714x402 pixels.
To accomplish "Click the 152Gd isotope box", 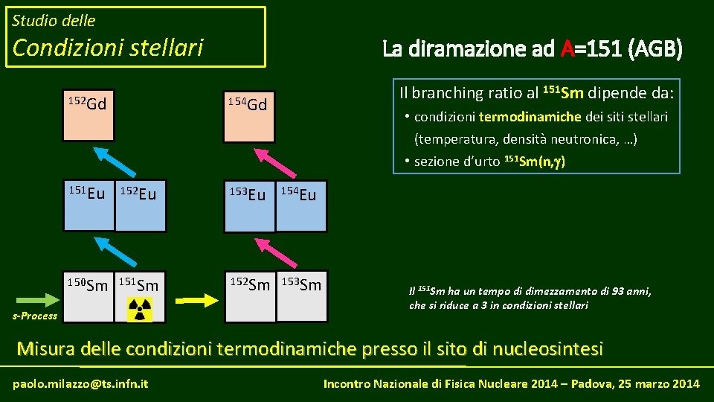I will (88, 115).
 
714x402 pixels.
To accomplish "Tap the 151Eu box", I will (88, 205).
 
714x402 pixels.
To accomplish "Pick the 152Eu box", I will (140, 205).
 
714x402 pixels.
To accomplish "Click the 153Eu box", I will (249, 205).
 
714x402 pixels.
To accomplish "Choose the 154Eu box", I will (301, 205).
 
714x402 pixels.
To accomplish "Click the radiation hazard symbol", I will (140, 308).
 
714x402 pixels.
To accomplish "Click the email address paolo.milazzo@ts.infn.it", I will (80, 383).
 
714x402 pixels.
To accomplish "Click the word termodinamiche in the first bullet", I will (520, 117).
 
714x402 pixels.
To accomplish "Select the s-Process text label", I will (35, 316).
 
